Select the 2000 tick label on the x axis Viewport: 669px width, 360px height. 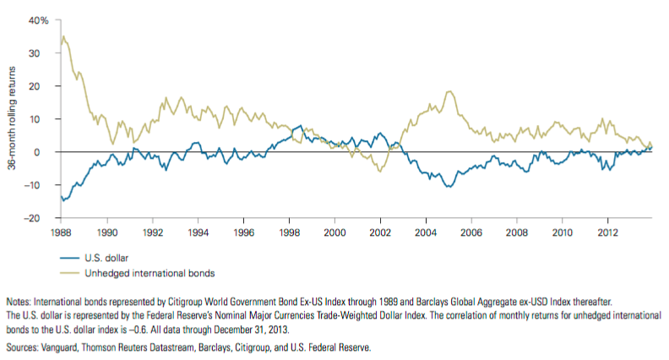[335, 230]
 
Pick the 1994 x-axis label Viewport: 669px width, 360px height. [199, 230]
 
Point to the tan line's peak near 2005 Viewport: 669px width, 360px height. [449, 91]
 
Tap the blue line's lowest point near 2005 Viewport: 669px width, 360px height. [449, 187]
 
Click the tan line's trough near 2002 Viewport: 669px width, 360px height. [380, 171]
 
